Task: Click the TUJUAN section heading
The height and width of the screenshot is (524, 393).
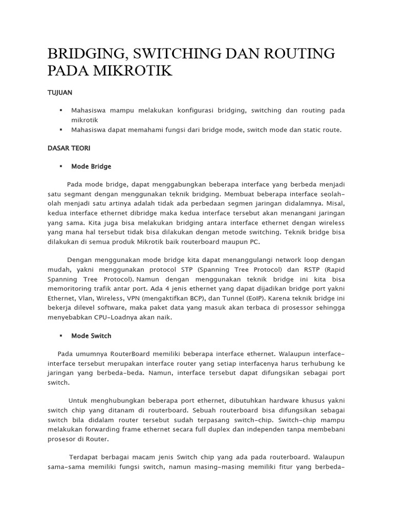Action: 60,93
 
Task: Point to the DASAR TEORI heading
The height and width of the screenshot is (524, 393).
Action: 69,148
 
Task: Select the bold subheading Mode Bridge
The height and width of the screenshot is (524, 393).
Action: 91,166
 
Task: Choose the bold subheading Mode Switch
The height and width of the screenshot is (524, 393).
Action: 91,336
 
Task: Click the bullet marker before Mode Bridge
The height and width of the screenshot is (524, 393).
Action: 60,166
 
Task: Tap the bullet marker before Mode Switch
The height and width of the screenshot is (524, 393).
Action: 60,336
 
